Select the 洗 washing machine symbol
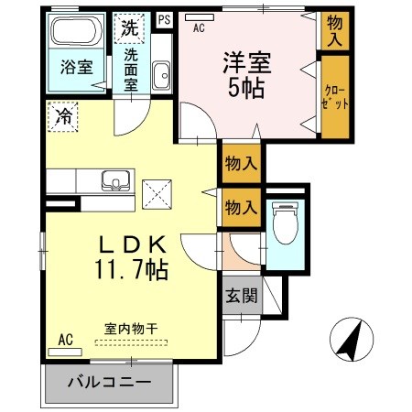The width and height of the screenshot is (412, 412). (127, 27)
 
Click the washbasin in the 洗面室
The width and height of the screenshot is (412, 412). (160, 75)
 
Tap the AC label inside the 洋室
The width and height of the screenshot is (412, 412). (199, 28)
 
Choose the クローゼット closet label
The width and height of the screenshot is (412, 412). (335, 97)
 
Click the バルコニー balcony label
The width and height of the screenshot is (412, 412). (108, 383)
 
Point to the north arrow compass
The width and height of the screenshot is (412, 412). (352, 340)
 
